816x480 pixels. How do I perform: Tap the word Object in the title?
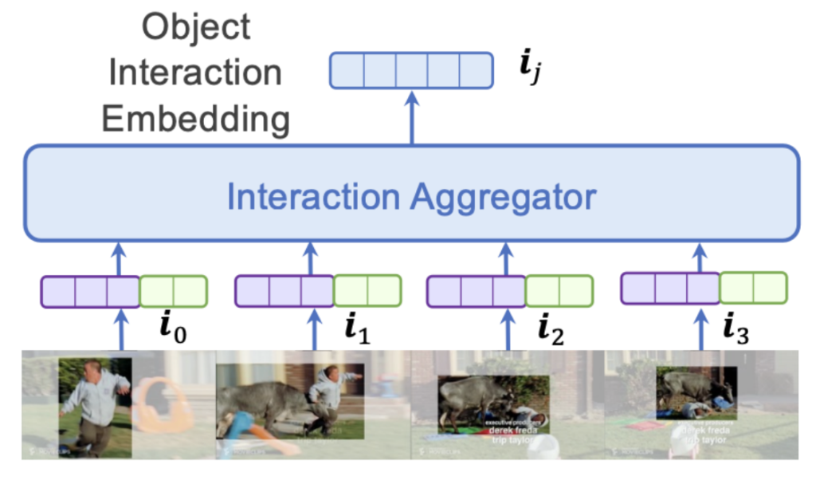click(195, 27)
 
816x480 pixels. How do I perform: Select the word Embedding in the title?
click(196, 120)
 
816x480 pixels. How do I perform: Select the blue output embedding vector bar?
click(411, 70)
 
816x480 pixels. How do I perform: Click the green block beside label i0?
click(173, 291)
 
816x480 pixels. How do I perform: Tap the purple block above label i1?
click(284, 290)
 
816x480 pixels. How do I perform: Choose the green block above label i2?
click(559, 291)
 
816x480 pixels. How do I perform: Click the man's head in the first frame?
click(92, 370)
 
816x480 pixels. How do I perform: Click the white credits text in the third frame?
click(510, 431)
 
